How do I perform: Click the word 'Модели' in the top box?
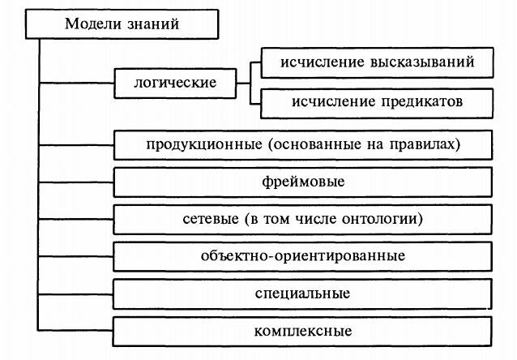coord(88,24)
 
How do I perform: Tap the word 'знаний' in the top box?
coord(152,24)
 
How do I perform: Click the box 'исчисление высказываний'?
coord(376,62)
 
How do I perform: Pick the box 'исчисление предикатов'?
coord(376,101)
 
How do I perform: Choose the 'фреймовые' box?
coord(303,182)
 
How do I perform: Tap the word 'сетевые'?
coord(207,220)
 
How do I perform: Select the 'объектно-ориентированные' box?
coord(303,256)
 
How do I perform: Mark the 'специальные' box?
coord(303,293)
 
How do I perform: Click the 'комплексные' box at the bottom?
coord(303,331)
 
